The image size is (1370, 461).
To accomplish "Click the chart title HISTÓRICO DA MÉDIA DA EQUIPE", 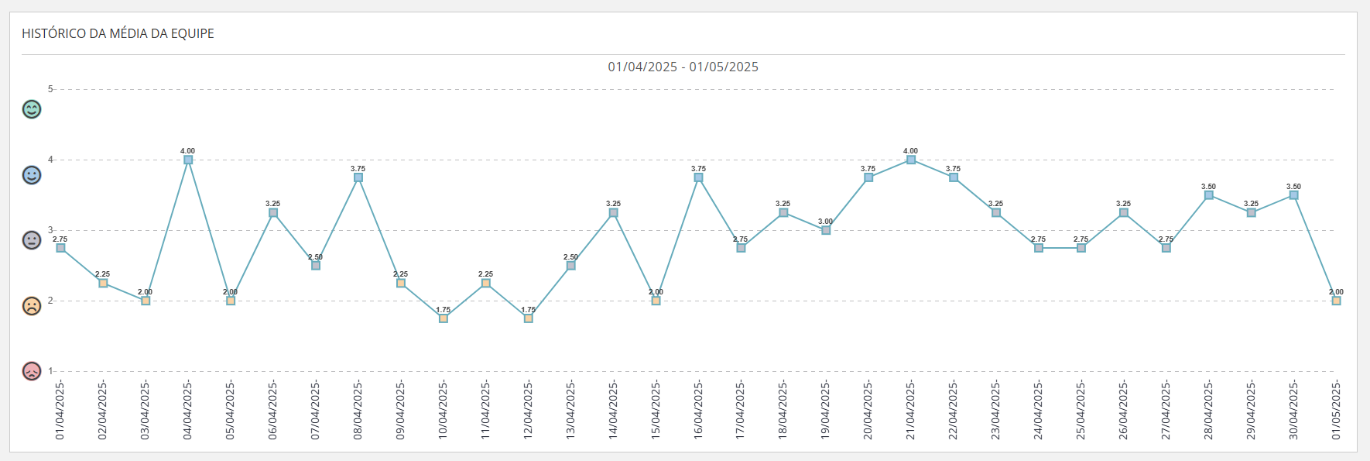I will pyautogui.click(x=118, y=33).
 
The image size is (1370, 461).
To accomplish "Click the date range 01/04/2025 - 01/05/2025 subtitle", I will pyautogui.click(x=683, y=67).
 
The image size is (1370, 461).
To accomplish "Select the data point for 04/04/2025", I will pyautogui.click(x=188, y=160).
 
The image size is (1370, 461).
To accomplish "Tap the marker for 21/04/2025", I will pyautogui.click(x=911, y=160).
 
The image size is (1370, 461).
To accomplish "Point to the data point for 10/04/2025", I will pyautogui.click(x=444, y=318).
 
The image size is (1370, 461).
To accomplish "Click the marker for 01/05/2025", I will pyautogui.click(x=1336, y=301).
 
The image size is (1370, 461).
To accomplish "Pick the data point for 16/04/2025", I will pyautogui.click(x=698, y=177).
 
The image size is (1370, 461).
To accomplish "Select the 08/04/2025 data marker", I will pyautogui.click(x=358, y=177).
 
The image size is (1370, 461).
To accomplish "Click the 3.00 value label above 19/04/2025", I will pyautogui.click(x=826, y=222).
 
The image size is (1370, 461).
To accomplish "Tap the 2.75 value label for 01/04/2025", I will pyautogui.click(x=60, y=239).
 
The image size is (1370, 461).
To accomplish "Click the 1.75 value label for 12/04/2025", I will pyautogui.click(x=528, y=310).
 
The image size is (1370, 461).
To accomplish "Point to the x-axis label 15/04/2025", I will pyautogui.click(x=656, y=410).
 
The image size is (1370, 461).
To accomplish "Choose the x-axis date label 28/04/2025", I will pyautogui.click(x=1208, y=410).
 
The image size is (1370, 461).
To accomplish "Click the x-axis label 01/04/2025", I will pyautogui.click(x=60, y=410).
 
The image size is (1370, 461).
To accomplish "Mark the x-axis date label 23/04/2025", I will pyautogui.click(x=995, y=410).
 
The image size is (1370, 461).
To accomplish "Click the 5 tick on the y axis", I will pyautogui.click(x=50, y=89).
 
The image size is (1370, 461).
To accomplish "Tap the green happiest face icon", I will pyautogui.click(x=32, y=109).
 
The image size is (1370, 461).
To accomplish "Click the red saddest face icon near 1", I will pyautogui.click(x=32, y=371).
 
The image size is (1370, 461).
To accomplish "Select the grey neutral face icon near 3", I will pyautogui.click(x=32, y=240).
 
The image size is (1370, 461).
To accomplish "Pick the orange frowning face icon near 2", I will pyautogui.click(x=32, y=306).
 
